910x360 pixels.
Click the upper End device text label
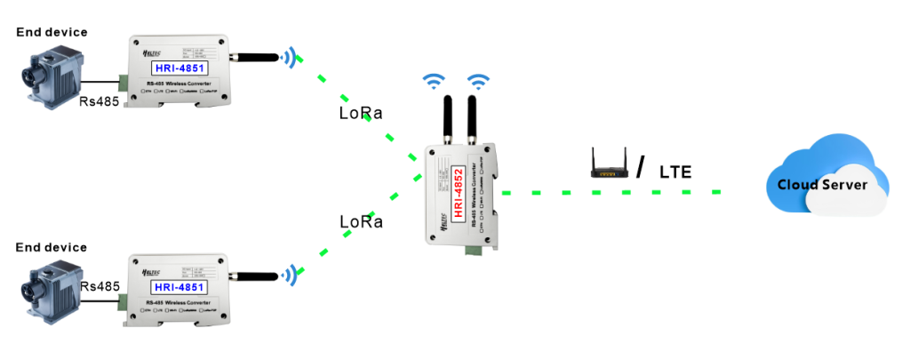coord(52,32)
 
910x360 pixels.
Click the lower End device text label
coord(52,247)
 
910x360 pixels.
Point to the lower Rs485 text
coord(100,287)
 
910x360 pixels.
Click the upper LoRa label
coord(362,114)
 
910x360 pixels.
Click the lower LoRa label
coord(362,221)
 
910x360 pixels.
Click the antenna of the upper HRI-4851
coord(258,58)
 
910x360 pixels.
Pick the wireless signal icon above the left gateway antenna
coord(433,82)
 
